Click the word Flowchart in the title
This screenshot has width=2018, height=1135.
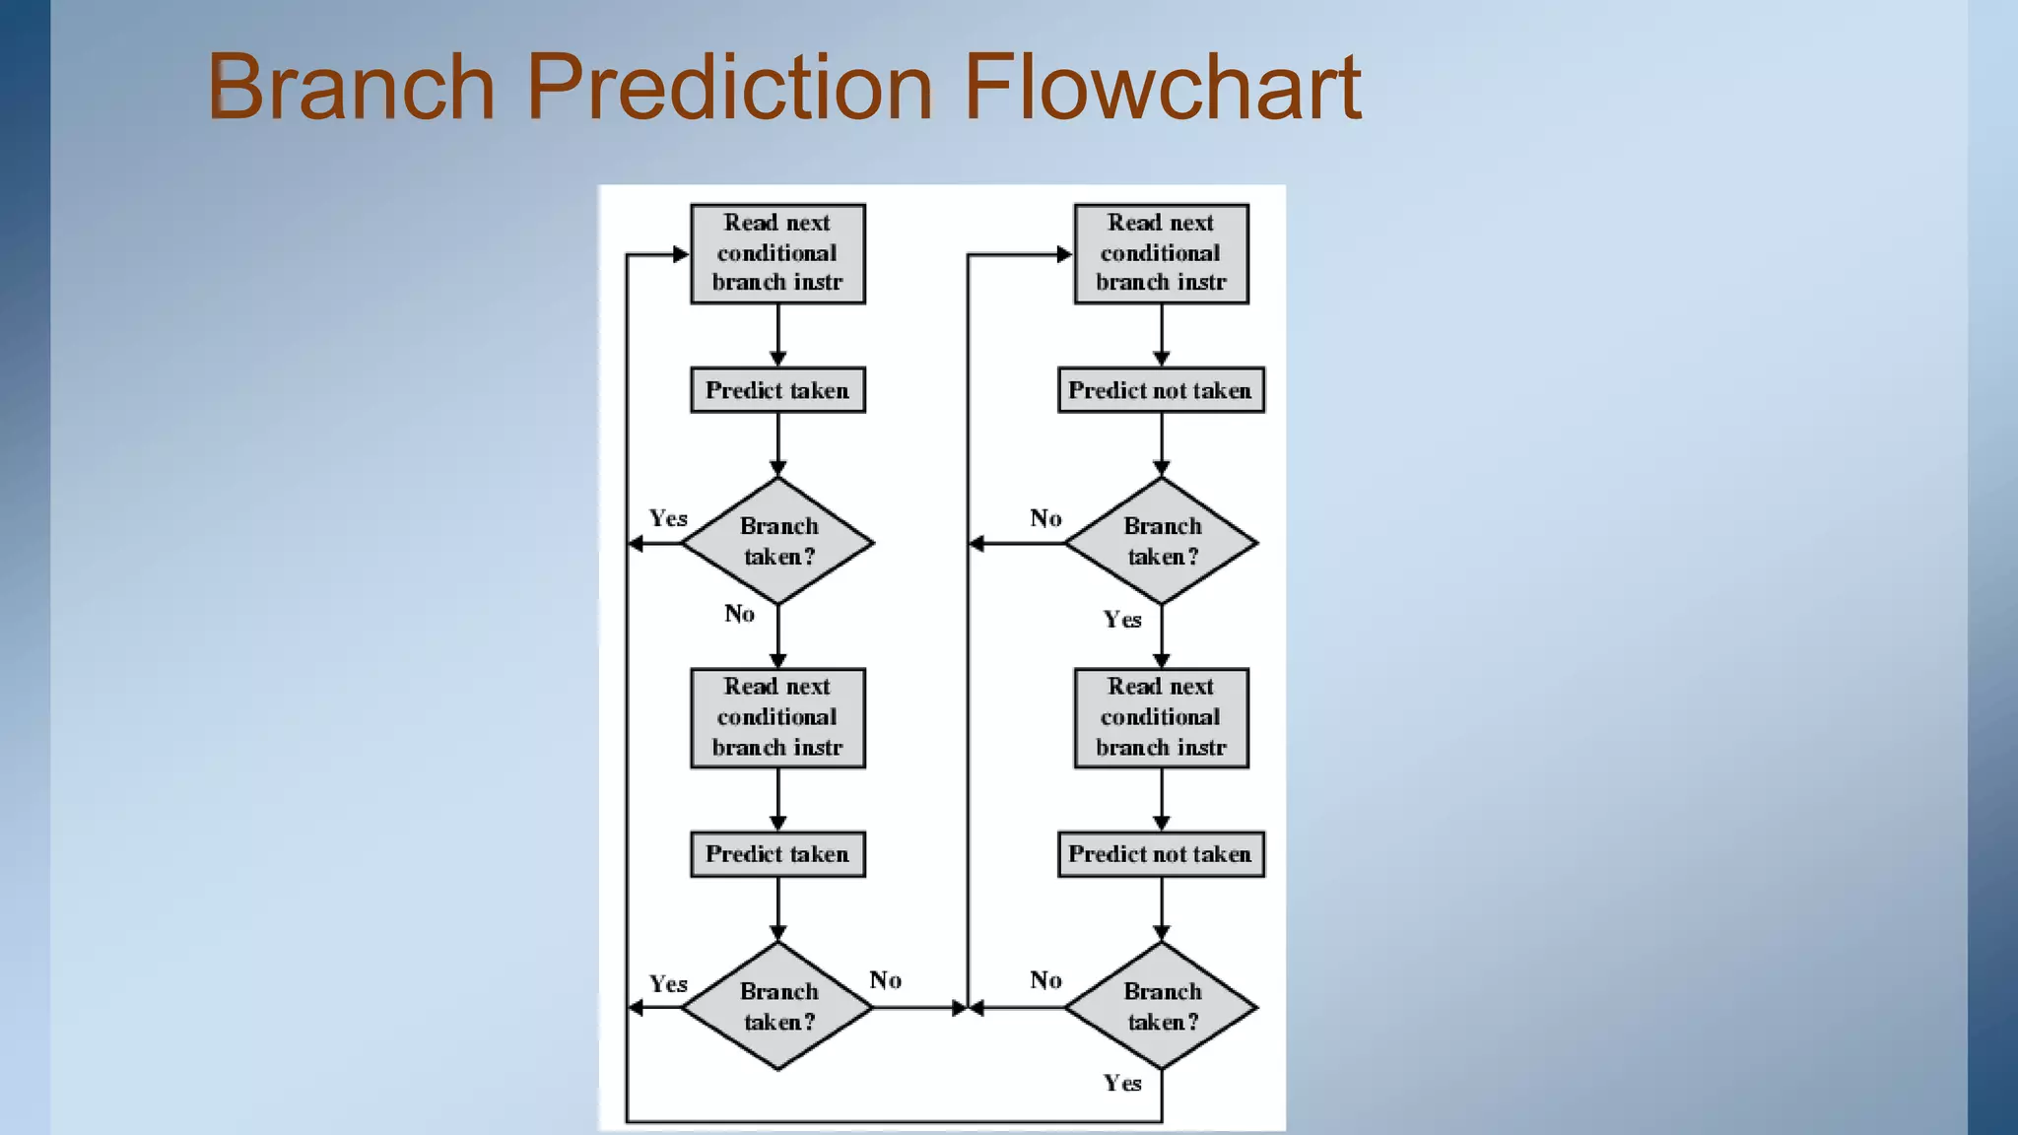(1163, 87)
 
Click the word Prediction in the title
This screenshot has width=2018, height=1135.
(729, 87)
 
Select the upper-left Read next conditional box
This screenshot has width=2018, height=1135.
(777, 253)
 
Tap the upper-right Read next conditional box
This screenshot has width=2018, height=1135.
(1161, 253)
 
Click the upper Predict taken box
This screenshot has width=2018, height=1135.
(777, 390)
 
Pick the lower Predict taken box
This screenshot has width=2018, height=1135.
(777, 854)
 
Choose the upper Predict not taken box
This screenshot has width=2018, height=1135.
(1161, 390)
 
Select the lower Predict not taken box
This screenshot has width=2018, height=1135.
(1161, 854)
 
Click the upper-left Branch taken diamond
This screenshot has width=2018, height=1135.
(777, 541)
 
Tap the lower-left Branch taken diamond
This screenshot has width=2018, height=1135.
(777, 1006)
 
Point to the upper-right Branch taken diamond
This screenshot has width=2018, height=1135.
(1161, 541)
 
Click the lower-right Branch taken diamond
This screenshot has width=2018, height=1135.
(1161, 1006)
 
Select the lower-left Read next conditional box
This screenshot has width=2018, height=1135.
(777, 717)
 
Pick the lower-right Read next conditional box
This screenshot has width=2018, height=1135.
(1161, 717)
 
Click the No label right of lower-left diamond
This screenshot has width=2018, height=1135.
(885, 980)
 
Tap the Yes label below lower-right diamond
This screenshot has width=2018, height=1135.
(1122, 1083)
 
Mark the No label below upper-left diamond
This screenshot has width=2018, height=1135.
(739, 614)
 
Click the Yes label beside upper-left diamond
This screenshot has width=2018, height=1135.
(668, 518)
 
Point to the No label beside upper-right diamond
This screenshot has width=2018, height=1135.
(1045, 518)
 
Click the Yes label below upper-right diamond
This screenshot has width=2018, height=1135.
(1122, 620)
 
